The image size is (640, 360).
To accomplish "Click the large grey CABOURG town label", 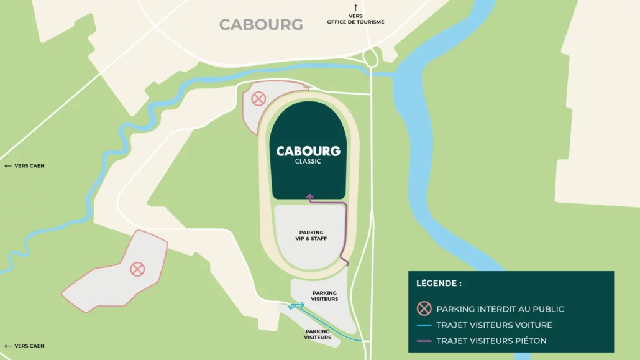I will tap(261, 25).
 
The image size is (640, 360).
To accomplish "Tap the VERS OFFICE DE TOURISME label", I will tap(355, 19).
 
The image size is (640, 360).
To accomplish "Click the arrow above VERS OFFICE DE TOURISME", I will tap(355, 7).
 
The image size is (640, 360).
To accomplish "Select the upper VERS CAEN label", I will tap(25, 166).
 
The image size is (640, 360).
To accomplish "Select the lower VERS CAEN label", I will tap(25, 346).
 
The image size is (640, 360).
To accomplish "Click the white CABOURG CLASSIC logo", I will tap(308, 154).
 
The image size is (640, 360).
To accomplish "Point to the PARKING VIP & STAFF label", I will tap(311, 236).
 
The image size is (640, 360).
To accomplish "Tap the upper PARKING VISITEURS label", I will tap(324, 296).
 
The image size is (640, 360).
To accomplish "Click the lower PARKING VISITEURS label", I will tap(318, 335).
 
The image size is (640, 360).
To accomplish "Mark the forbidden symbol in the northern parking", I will tap(258, 99).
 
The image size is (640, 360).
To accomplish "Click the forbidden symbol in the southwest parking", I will tap(137, 269).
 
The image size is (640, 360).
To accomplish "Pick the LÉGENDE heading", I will tap(439, 284).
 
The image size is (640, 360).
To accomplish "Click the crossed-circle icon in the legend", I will tap(424, 308).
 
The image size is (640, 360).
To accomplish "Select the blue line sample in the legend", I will tap(424, 325).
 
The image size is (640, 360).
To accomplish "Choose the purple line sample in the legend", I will tap(424, 341).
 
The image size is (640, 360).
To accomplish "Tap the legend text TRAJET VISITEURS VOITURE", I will tap(494, 325).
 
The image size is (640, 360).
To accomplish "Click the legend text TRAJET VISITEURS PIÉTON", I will tap(491, 341).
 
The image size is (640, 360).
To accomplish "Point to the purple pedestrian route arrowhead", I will tap(309, 196).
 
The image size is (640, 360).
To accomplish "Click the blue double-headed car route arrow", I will tap(296, 305).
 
